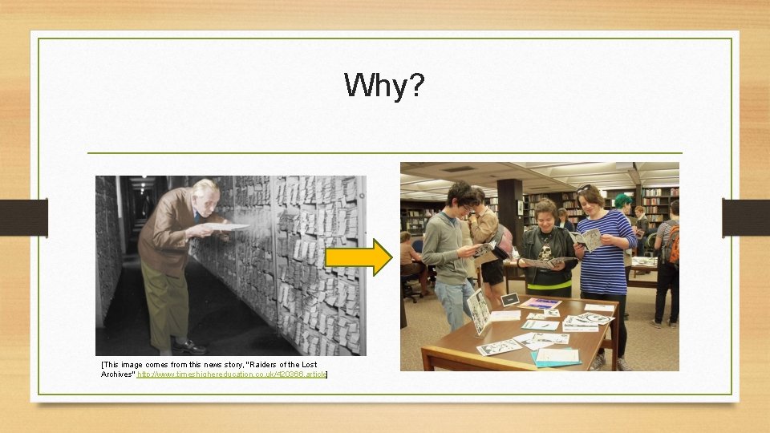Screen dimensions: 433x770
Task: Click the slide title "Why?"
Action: point(384,85)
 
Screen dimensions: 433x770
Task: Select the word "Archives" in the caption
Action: point(117,374)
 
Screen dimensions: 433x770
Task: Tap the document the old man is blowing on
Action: point(230,227)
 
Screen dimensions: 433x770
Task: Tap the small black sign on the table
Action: point(509,300)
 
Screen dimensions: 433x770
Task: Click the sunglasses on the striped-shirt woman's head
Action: point(583,188)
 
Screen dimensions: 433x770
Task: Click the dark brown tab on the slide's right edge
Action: point(745,217)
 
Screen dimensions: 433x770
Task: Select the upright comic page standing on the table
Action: point(479,311)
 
